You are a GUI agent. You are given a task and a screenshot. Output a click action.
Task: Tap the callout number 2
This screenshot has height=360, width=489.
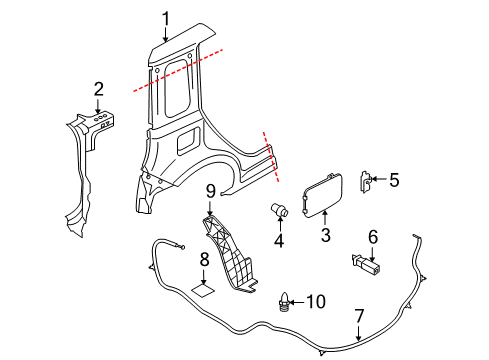(99, 89)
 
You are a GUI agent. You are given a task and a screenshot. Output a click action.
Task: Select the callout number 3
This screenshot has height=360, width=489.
(325, 235)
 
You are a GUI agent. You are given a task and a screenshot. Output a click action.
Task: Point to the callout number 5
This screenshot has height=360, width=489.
(394, 180)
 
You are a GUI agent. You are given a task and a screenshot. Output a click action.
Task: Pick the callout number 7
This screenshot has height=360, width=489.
(359, 316)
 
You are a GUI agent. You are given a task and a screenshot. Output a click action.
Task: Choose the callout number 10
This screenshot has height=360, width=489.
(316, 302)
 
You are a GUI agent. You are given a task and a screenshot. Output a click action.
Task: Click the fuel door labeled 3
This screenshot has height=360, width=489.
(322, 195)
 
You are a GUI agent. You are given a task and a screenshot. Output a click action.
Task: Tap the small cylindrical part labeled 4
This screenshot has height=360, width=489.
(279, 210)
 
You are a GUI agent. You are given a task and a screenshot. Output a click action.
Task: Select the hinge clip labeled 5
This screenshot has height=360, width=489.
(365, 182)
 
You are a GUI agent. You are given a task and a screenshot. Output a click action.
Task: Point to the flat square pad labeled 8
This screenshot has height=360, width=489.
(203, 290)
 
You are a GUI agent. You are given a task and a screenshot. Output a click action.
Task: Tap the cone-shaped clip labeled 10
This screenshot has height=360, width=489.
(283, 301)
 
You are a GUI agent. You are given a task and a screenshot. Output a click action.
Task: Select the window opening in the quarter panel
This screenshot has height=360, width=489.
(178, 88)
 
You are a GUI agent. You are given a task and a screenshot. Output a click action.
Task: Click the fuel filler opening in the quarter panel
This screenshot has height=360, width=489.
(185, 142)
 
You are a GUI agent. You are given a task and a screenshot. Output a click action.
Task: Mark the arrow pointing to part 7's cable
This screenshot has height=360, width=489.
(359, 332)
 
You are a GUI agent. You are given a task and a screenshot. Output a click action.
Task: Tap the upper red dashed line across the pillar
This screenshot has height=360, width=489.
(178, 70)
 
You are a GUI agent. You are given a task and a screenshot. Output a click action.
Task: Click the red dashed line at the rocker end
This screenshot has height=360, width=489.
(271, 157)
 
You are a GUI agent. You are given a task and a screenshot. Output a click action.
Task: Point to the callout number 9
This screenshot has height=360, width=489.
(211, 191)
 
